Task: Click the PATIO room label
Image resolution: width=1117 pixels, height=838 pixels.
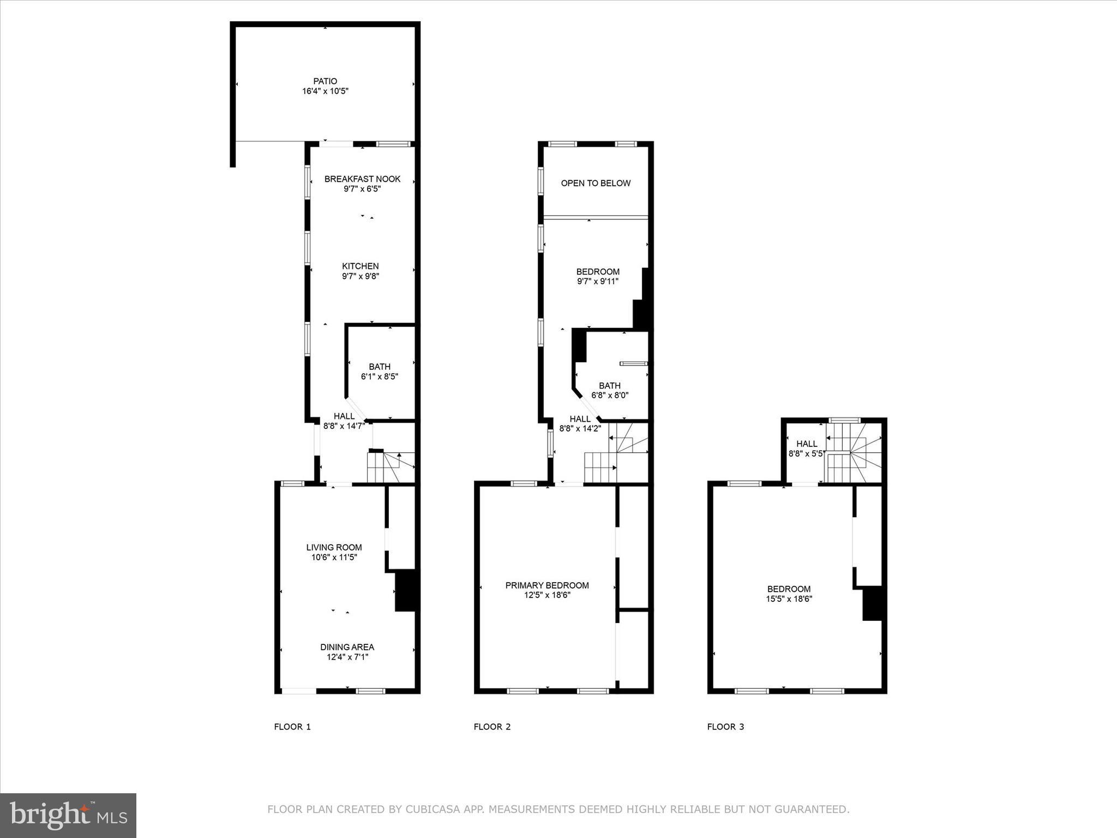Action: coord(325,81)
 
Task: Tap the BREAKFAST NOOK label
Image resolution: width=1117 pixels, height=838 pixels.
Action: coord(362,179)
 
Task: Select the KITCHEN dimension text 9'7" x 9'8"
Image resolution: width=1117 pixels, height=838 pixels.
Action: coord(361,276)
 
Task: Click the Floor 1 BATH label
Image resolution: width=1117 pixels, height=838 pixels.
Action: coord(380,367)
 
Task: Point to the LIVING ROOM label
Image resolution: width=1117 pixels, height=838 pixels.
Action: coord(334,547)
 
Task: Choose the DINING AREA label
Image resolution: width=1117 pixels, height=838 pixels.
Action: coord(347,647)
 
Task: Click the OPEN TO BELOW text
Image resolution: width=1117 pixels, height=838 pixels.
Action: coord(596,183)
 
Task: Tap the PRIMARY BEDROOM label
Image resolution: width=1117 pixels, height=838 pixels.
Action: coord(547,585)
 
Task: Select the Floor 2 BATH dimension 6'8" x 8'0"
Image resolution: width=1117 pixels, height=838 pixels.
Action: coord(610,395)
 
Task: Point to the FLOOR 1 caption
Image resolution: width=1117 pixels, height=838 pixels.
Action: coord(292,727)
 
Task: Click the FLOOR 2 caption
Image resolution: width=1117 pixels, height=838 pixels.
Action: coord(492,727)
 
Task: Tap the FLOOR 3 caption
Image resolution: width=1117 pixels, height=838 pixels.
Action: coord(725,727)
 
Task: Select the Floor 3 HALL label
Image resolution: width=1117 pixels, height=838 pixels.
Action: coord(807,444)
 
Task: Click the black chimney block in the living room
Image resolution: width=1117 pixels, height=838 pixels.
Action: coord(406,590)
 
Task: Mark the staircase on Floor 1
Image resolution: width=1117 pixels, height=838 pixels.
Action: coord(391,468)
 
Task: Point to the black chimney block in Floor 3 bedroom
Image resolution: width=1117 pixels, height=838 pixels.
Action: coord(872,603)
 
